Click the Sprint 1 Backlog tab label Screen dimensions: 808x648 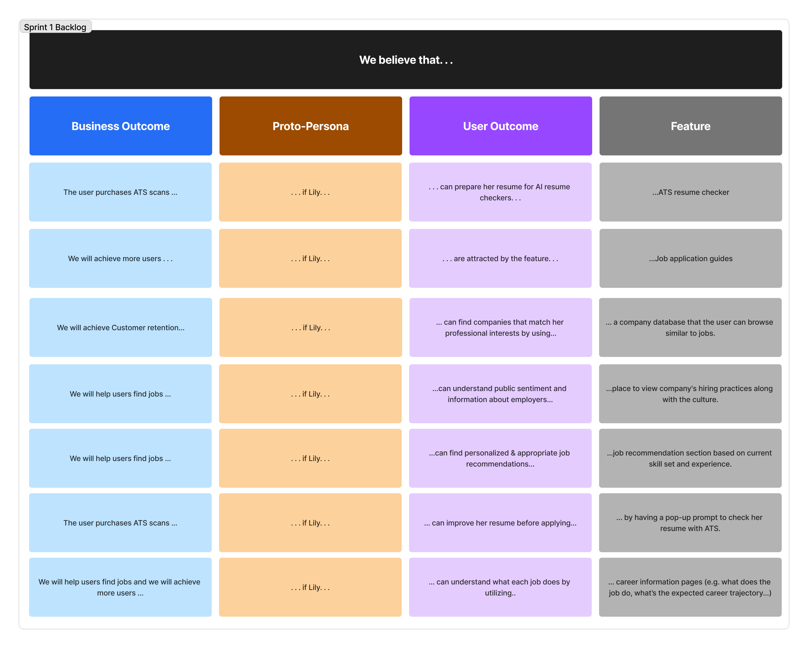pyautogui.click(x=55, y=27)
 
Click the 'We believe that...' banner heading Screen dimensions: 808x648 pyautogui.click(x=406, y=60)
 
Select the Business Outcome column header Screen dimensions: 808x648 pyautogui.click(x=121, y=126)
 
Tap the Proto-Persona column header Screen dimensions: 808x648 pyautogui.click(x=311, y=126)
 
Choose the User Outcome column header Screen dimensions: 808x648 pyautogui.click(x=501, y=126)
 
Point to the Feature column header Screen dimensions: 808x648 pyautogui.click(x=691, y=126)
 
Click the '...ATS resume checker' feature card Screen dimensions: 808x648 pyautogui.click(x=691, y=192)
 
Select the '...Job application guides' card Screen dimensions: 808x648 pyautogui.click(x=691, y=258)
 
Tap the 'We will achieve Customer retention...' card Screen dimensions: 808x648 pyautogui.click(x=121, y=327)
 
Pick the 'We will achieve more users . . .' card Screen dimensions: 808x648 pyautogui.click(x=120, y=258)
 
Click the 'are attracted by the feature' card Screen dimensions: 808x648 pyautogui.click(x=500, y=258)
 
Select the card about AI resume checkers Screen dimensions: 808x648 pyautogui.click(x=500, y=192)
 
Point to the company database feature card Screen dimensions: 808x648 pyautogui.click(x=690, y=327)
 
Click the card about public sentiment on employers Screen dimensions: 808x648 pyautogui.click(x=500, y=394)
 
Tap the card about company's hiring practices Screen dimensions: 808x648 pyautogui.click(x=690, y=394)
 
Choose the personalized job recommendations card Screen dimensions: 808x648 pyautogui.click(x=500, y=458)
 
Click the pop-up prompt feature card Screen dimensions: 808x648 pyautogui.click(x=690, y=522)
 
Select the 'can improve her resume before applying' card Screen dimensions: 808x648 pyautogui.click(x=500, y=522)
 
